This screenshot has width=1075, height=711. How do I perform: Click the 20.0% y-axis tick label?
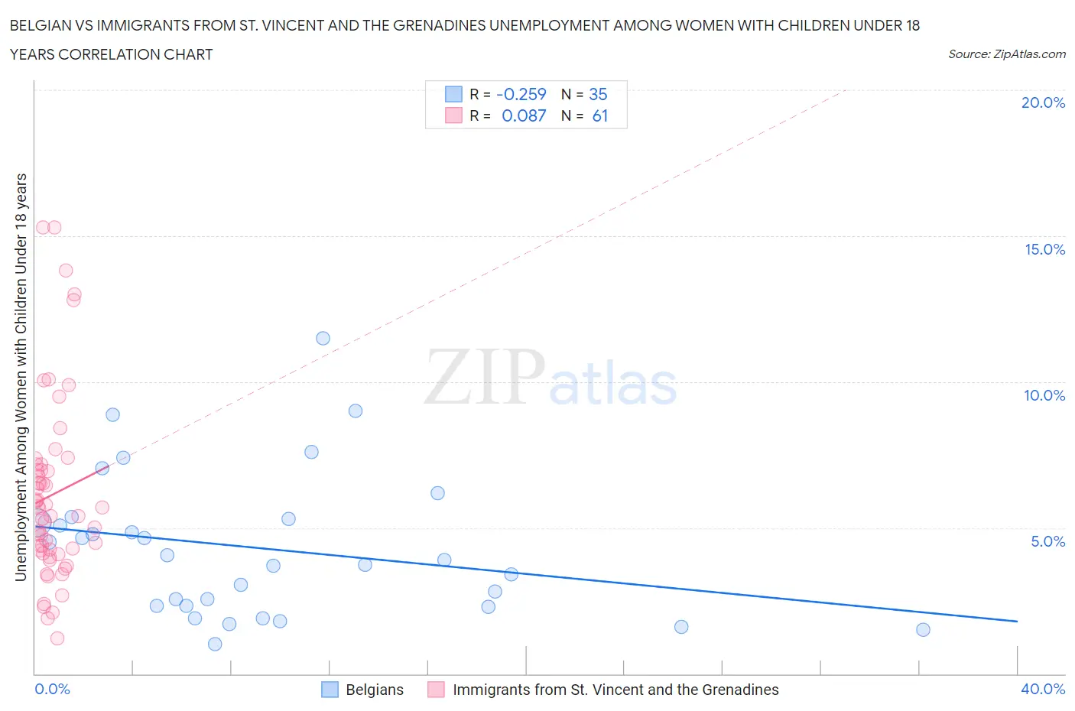click(x=1043, y=102)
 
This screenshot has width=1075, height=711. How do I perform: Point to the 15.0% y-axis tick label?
click(x=1044, y=249)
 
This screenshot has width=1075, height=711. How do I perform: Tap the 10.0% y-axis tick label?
click(x=1044, y=395)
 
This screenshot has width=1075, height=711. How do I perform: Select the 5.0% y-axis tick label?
click(x=1047, y=541)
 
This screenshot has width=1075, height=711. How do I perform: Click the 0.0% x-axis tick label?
click(x=52, y=689)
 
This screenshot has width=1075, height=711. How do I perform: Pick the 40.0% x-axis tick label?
click(x=1043, y=689)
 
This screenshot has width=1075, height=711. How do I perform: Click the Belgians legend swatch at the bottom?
click(x=330, y=690)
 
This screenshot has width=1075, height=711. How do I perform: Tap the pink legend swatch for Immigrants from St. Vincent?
click(x=436, y=690)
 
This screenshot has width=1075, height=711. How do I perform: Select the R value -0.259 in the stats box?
click(x=521, y=94)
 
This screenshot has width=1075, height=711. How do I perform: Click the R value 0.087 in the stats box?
click(x=524, y=115)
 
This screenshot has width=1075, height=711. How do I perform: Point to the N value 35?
click(x=598, y=94)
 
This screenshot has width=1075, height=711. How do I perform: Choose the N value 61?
click(x=599, y=115)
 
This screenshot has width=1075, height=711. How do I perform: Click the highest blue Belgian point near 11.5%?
click(x=323, y=338)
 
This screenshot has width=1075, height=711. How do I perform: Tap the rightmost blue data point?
click(x=923, y=629)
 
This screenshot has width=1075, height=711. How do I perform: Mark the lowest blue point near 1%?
click(x=215, y=644)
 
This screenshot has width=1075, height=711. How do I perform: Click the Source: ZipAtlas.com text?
click(x=1006, y=54)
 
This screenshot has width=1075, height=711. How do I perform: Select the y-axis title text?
click(x=21, y=377)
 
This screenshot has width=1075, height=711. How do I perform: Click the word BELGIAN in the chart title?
click(x=38, y=25)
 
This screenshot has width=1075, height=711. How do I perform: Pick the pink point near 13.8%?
click(x=66, y=271)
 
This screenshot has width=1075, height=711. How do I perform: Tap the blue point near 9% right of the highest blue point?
click(x=356, y=411)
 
